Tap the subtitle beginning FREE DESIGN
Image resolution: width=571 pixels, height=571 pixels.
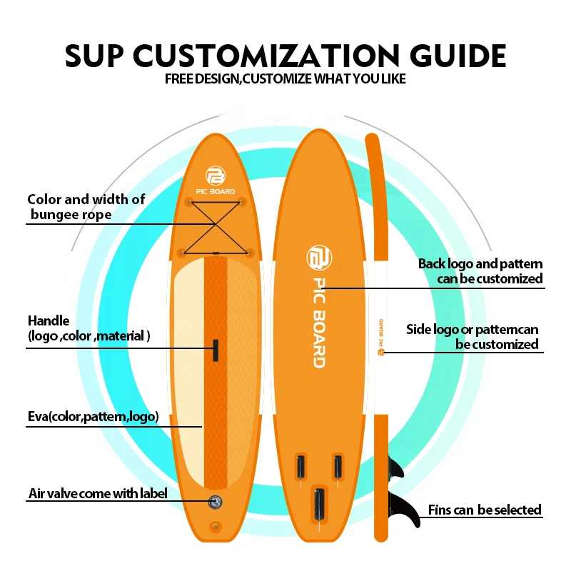point(285,79)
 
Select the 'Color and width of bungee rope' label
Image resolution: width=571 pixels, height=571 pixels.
point(86,206)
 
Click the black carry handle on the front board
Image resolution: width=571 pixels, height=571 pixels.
point(214,350)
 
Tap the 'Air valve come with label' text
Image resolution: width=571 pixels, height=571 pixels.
point(97,493)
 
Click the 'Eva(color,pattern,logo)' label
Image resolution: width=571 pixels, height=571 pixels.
point(93,417)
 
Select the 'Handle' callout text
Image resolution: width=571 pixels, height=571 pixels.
point(89,328)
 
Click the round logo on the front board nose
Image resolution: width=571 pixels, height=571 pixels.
point(216,175)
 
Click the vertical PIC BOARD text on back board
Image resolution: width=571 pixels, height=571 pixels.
point(318,321)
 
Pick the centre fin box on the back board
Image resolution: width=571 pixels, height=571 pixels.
point(319,503)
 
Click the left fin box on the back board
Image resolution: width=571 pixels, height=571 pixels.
point(300,468)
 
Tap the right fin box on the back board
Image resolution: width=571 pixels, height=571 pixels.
point(337,468)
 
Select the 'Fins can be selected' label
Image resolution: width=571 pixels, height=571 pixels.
point(485,510)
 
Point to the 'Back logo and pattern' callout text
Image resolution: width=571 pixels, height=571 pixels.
point(480,271)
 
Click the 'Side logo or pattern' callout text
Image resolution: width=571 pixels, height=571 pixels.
point(473,336)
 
